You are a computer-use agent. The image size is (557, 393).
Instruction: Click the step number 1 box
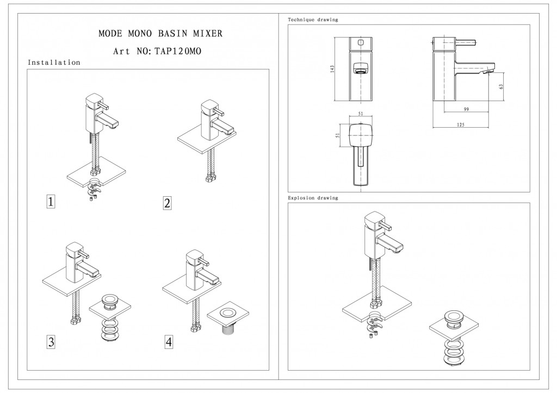[51, 203]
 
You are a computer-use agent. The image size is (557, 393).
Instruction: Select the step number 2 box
[167, 203]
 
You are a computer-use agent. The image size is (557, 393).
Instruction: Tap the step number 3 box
[51, 342]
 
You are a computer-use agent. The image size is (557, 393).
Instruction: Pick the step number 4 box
[169, 342]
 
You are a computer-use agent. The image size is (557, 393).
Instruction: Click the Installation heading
[54, 63]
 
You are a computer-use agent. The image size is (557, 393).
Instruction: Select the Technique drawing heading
[313, 20]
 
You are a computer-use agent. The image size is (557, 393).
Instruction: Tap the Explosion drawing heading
[313, 198]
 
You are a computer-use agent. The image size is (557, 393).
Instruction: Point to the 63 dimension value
[501, 86]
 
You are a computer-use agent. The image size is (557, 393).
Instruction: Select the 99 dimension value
[466, 110]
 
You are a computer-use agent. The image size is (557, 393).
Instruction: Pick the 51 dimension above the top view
[360, 115]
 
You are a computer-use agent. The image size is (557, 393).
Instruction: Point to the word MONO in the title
[144, 34]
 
